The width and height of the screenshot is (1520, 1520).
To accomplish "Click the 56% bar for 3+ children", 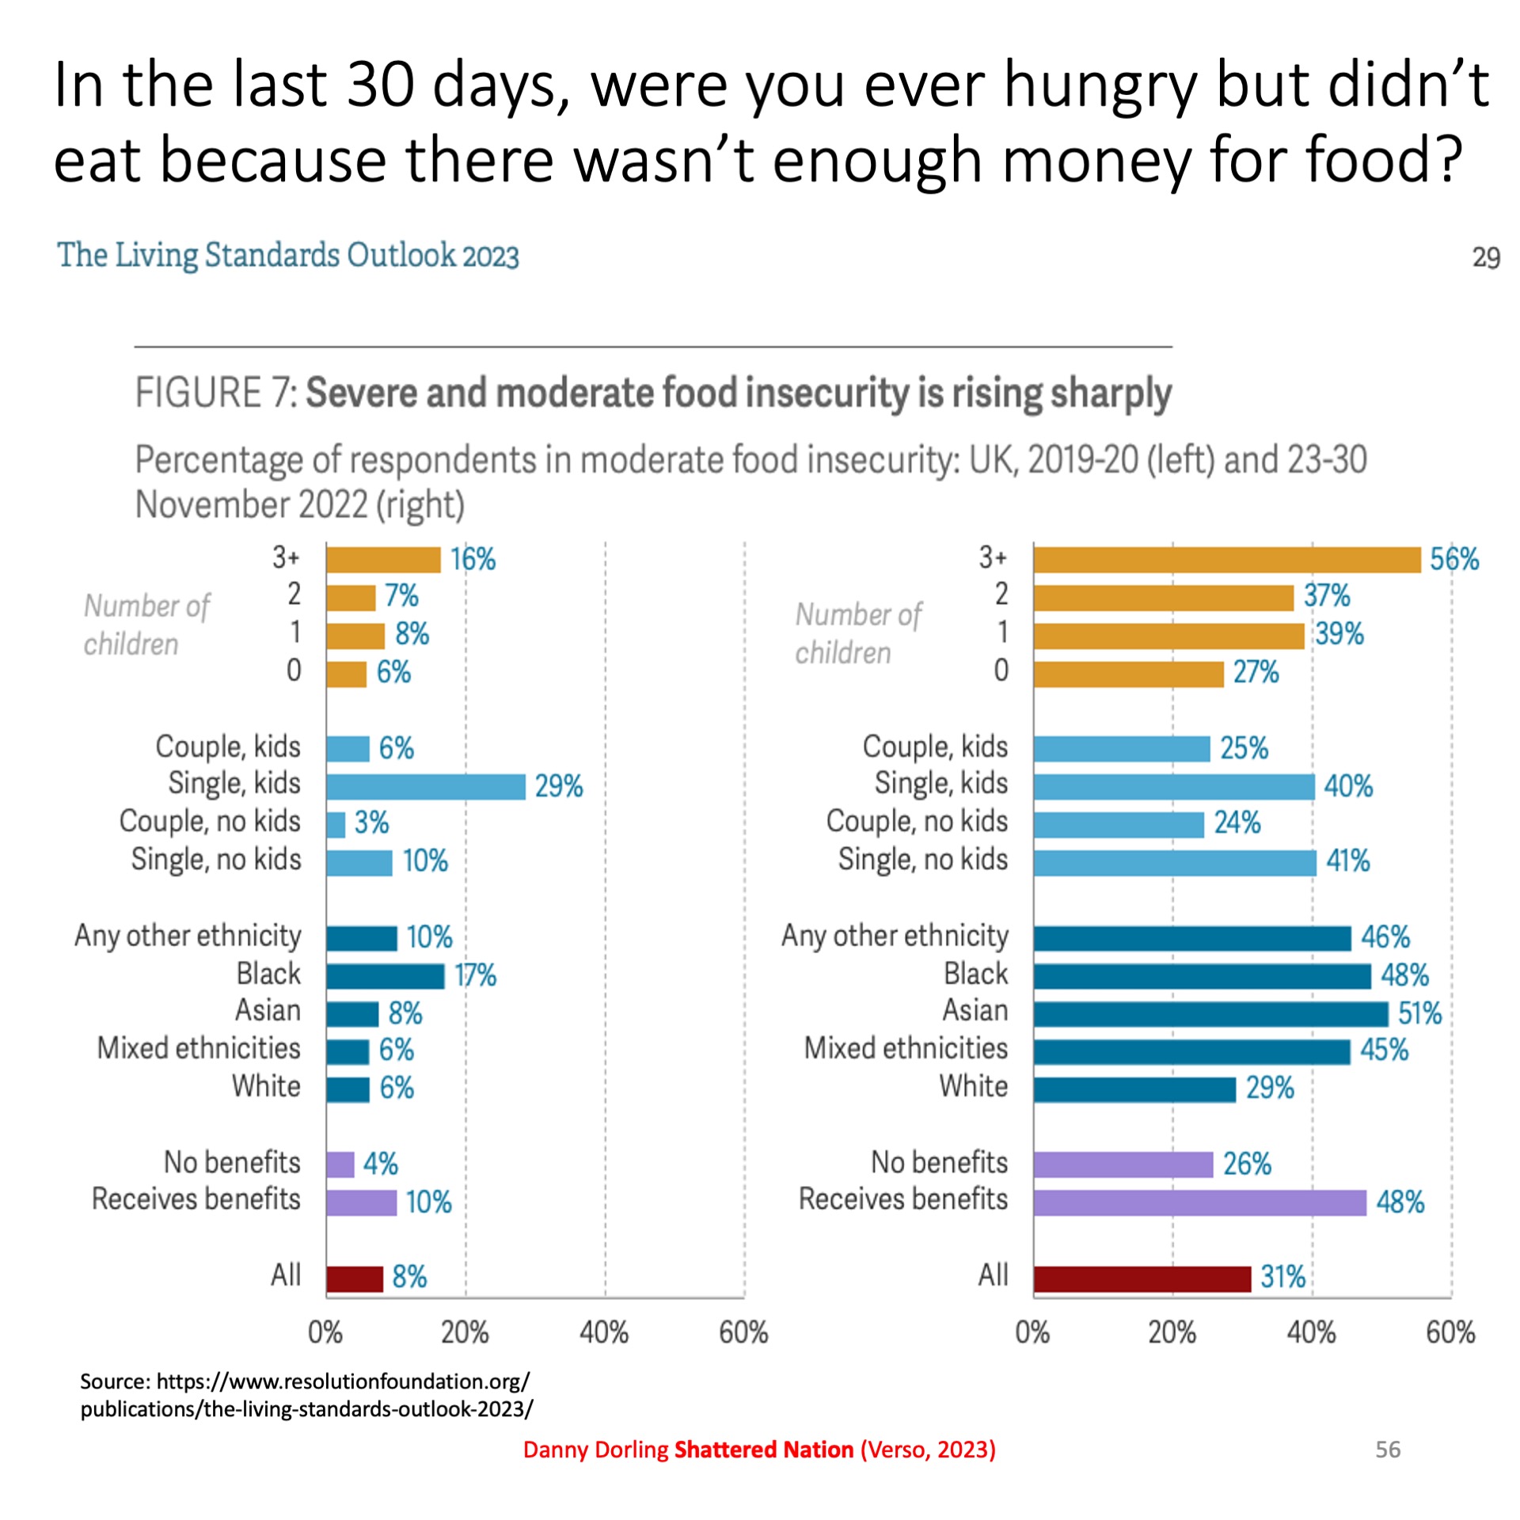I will click(1226, 560).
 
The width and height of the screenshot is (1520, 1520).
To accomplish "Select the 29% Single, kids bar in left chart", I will click(425, 786).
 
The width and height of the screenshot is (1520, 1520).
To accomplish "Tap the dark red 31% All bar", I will click(1142, 1279).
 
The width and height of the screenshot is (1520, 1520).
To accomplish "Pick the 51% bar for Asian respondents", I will click(1210, 1014).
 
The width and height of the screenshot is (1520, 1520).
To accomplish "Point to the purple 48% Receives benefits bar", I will click(1199, 1203).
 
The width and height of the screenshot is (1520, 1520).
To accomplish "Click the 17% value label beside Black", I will click(475, 975).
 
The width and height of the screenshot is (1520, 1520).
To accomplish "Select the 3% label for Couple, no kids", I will click(371, 823).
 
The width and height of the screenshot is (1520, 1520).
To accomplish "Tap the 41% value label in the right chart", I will click(1347, 861).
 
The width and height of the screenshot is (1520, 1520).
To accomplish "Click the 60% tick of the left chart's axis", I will click(743, 1333).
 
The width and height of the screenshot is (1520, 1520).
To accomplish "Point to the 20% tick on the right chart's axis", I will click(1172, 1333).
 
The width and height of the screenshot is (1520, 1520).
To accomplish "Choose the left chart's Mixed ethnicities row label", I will click(199, 1048).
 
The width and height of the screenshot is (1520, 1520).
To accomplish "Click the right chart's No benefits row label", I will click(939, 1162).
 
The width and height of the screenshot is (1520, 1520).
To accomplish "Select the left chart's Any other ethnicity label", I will click(188, 936).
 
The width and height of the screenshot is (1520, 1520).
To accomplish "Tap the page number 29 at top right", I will click(1485, 258).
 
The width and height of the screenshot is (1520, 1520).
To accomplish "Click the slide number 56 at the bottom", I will click(1388, 1450).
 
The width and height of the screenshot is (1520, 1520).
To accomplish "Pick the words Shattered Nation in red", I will click(763, 1450).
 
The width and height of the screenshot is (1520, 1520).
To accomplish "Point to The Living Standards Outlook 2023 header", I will click(288, 256).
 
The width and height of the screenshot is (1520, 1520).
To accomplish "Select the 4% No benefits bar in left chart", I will click(340, 1165).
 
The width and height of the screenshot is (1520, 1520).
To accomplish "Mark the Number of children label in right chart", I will click(858, 633).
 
